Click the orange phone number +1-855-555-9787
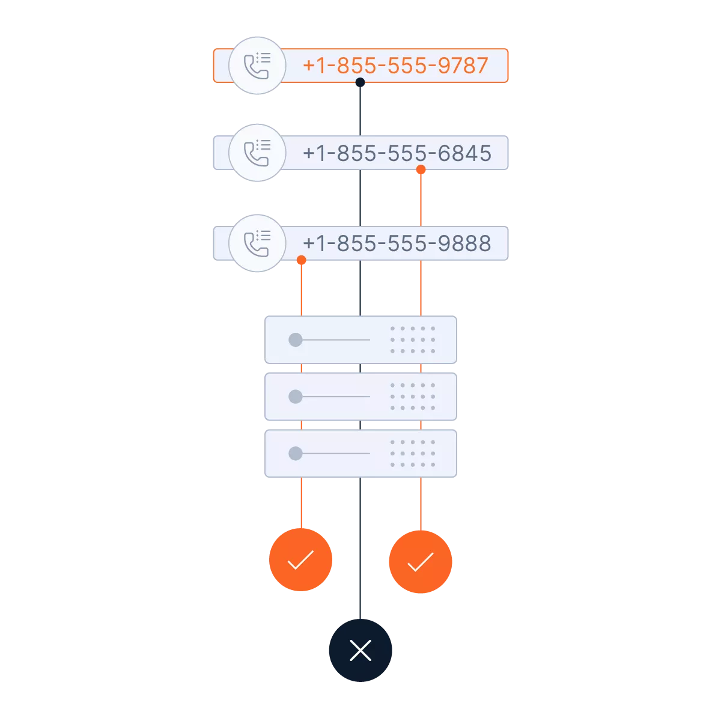coord(395,65)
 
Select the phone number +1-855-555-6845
coord(397,153)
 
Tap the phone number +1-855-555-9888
coord(397,243)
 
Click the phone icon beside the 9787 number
coord(257,65)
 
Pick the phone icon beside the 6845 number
coord(257,153)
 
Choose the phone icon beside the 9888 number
coord(257,243)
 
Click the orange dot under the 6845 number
coord(421,171)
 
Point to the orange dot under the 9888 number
coord(301,260)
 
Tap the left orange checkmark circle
coord(300,560)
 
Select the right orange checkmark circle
coord(420,561)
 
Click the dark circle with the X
coord(360,650)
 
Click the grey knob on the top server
coord(295,340)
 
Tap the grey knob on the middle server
coord(295,397)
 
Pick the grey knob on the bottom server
coord(295,453)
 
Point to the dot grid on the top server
coord(412,340)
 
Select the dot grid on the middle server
coord(412,397)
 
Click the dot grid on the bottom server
coord(412,453)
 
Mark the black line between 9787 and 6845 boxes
coord(360,109)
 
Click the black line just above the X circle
coord(360,589)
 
